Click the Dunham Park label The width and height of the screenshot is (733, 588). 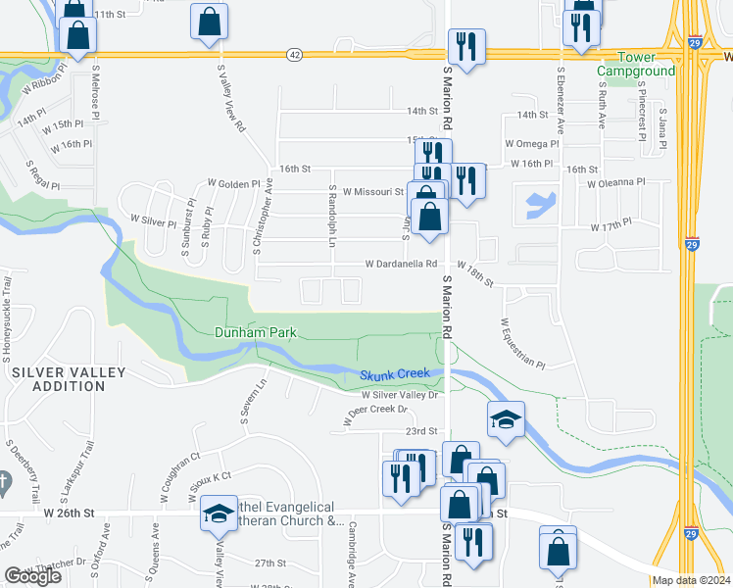255,333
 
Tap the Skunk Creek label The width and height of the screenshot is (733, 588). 395,375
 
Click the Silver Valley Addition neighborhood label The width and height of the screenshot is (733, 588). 69,372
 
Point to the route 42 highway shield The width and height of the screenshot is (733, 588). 295,55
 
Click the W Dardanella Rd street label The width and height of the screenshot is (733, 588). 400,264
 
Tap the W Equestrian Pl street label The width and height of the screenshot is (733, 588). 521,343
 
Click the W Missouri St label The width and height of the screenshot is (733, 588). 366,192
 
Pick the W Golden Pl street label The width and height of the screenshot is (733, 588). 234,183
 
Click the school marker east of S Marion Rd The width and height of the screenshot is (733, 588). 506,419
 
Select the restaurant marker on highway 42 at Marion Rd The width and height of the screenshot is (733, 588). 464,46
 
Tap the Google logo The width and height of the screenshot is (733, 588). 32,576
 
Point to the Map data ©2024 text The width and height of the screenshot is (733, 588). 692,580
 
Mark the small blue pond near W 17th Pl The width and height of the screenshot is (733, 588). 539,205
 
